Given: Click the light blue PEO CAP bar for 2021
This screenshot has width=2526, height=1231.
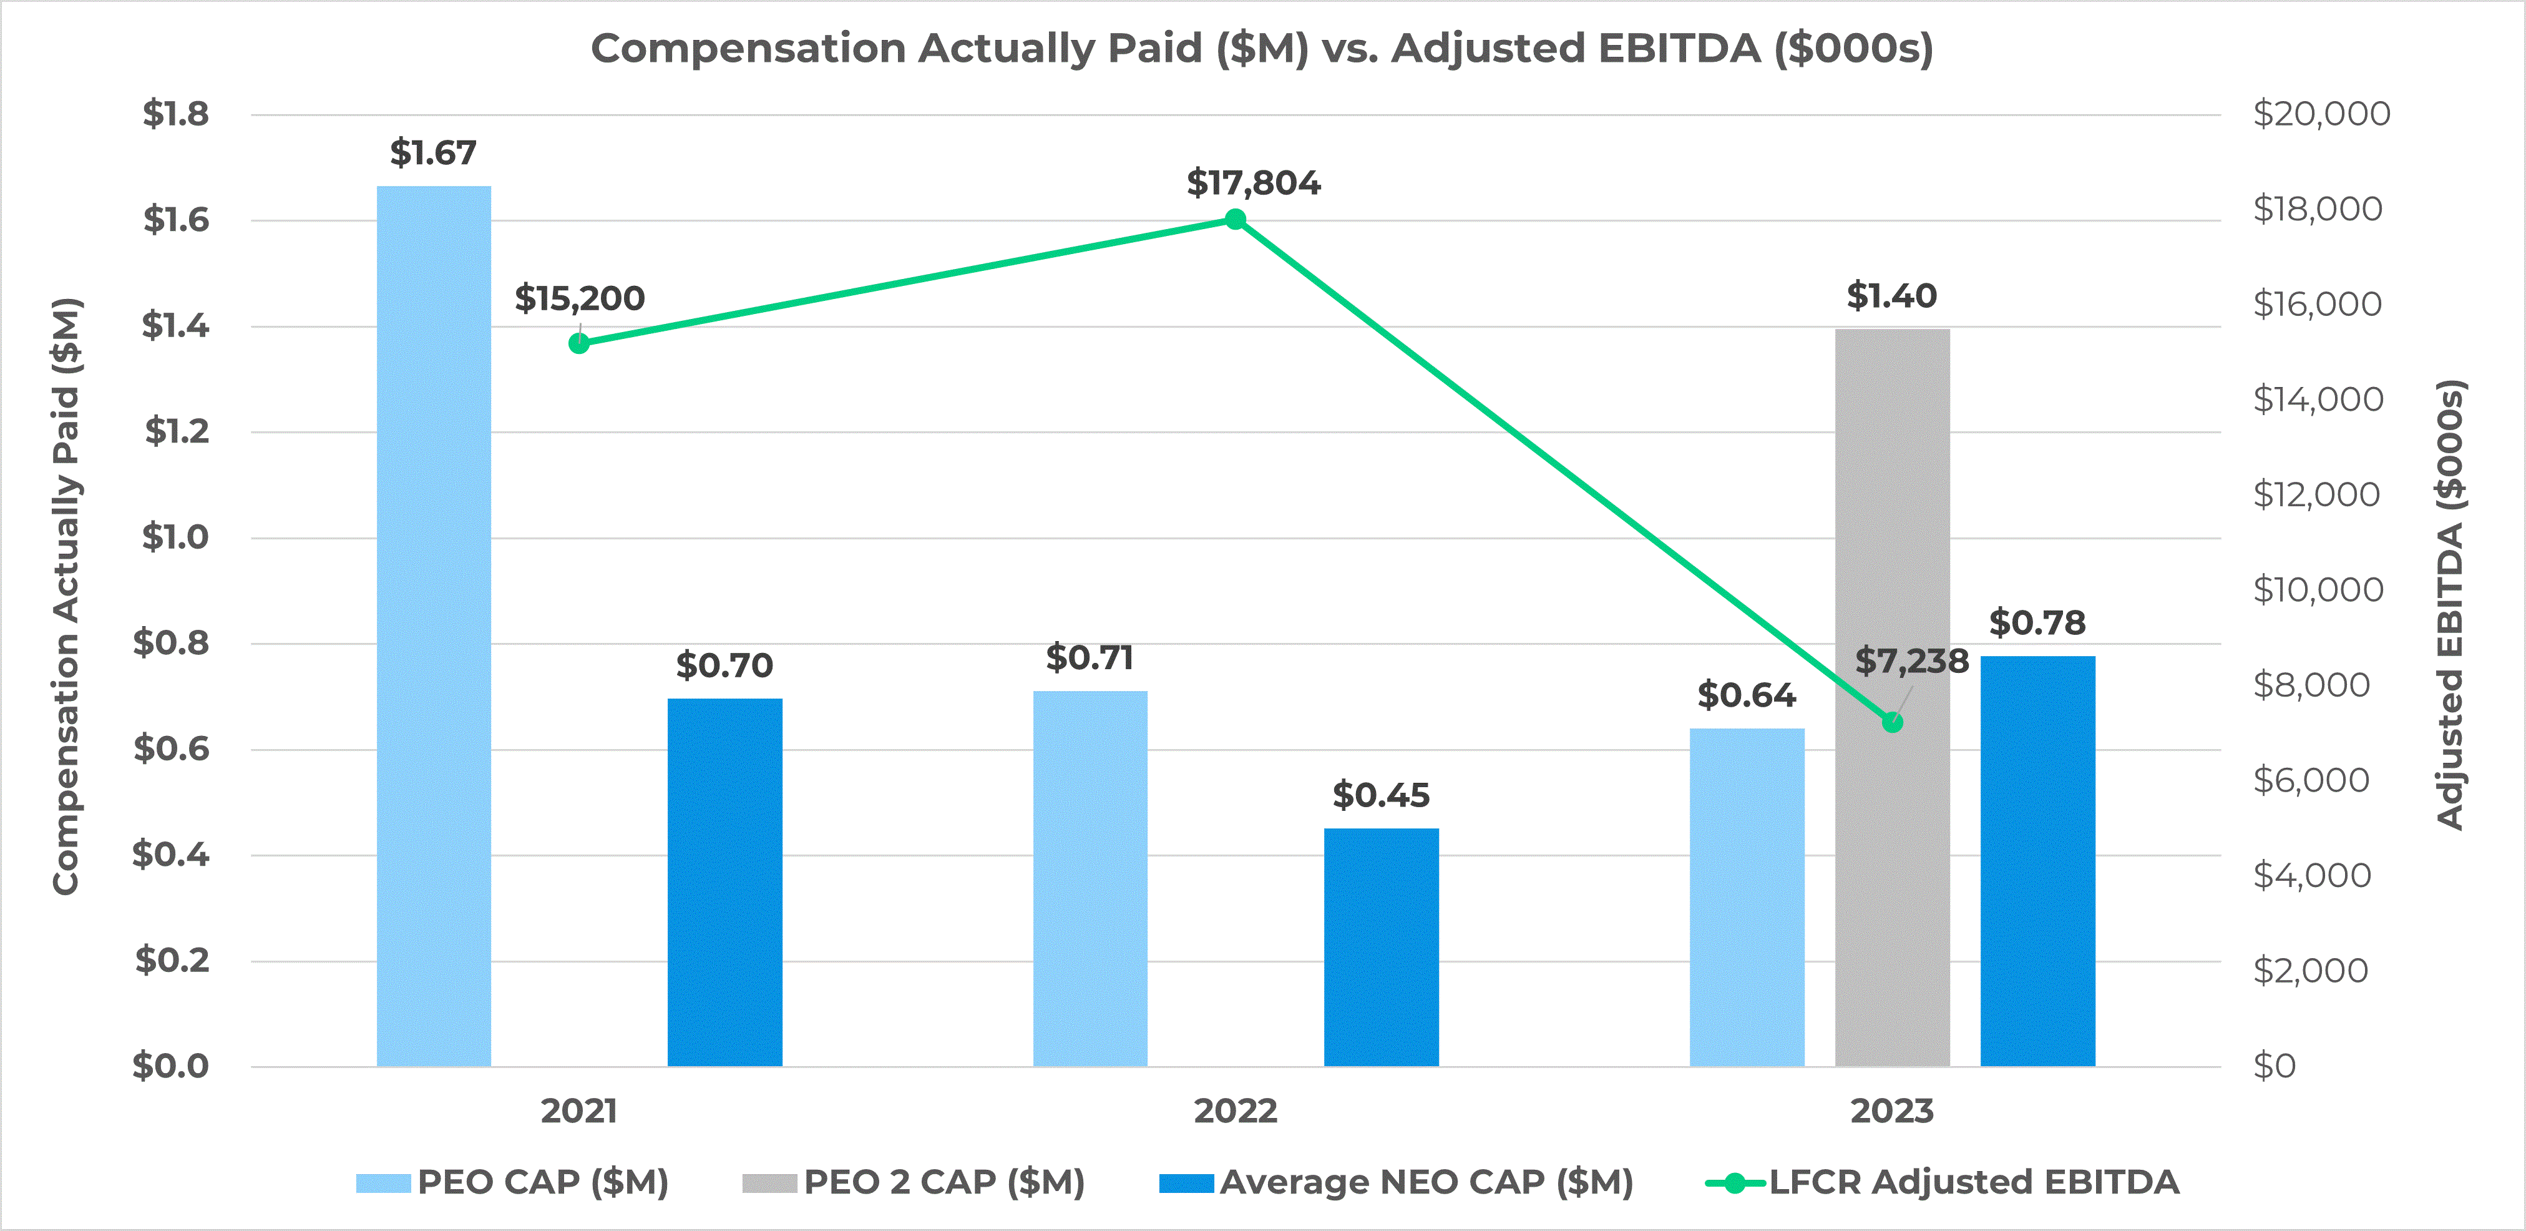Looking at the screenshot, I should tap(434, 628).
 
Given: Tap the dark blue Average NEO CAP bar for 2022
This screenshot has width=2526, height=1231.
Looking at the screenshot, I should tap(1381, 946).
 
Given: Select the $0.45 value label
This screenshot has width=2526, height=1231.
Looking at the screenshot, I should tap(1381, 795).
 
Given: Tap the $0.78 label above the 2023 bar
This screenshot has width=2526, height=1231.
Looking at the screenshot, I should tap(2037, 623).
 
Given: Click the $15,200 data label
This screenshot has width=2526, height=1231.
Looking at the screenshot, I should tap(580, 298).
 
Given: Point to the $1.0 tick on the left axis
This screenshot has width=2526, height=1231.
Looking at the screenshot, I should tap(175, 537).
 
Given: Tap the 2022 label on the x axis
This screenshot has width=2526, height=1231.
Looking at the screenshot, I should tap(1236, 1111).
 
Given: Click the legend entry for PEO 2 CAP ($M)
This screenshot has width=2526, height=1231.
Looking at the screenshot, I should tap(914, 1182).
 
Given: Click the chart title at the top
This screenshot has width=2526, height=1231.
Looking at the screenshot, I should tap(1262, 48).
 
